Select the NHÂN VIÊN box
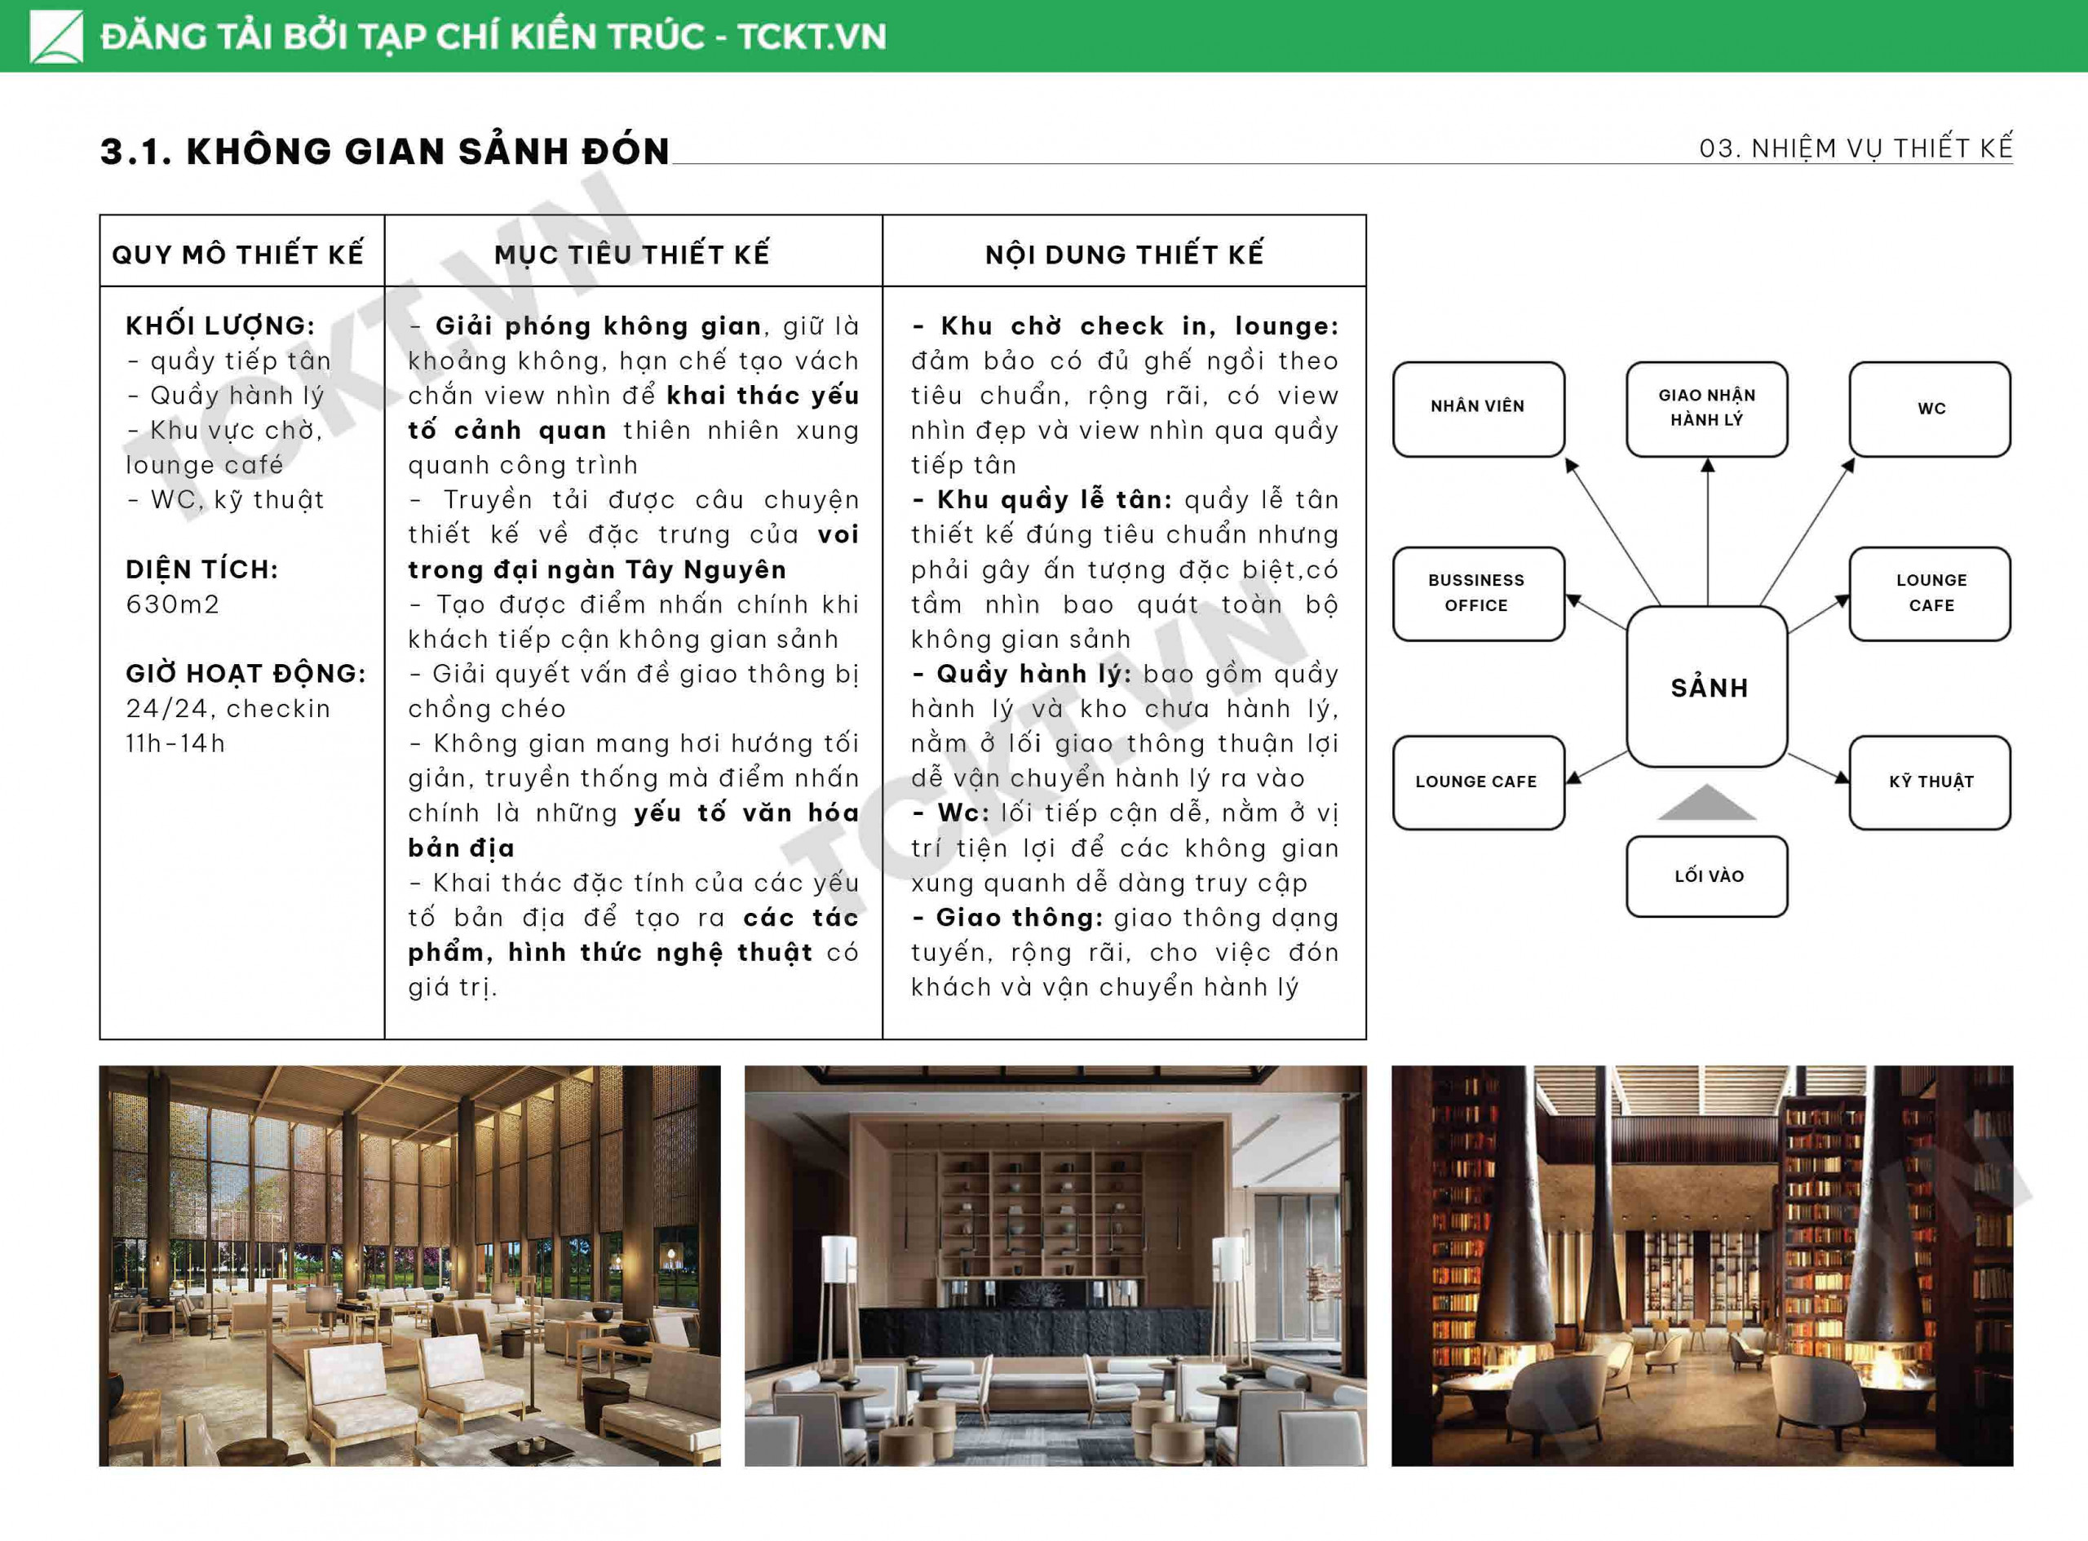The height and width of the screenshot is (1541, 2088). click(1478, 408)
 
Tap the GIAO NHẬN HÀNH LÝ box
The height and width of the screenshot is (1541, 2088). click(1706, 408)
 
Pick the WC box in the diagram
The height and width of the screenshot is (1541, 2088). click(1930, 408)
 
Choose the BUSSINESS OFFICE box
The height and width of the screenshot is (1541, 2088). click(1478, 593)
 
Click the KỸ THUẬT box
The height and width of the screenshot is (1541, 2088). click(1930, 782)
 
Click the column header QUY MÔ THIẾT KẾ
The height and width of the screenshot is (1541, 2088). click(238, 254)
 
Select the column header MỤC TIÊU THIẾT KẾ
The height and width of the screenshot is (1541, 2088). click(632, 254)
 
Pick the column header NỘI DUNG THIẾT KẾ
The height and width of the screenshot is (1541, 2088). click(1124, 254)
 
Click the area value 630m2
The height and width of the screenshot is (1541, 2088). click(173, 604)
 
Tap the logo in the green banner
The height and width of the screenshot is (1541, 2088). click(56, 37)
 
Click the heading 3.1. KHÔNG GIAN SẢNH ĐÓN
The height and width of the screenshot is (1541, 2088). click(385, 151)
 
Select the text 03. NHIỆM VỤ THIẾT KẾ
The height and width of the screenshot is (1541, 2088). click(1855, 148)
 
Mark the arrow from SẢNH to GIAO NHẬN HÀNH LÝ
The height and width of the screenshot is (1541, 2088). click(1708, 532)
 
